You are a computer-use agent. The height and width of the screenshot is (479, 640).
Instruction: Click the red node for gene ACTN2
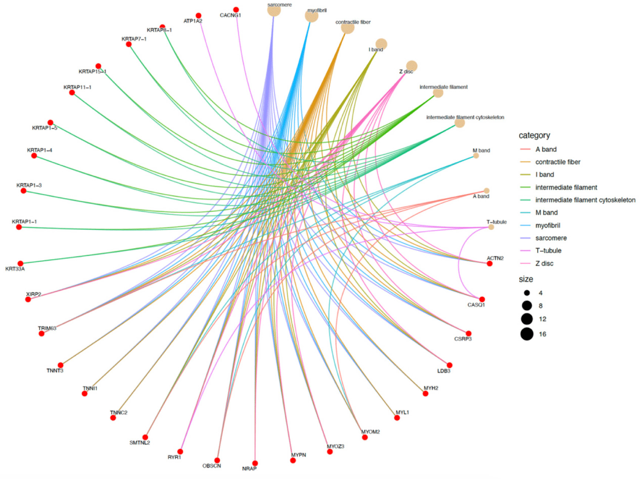(489, 264)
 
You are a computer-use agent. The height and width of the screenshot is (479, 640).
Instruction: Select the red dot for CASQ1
(482, 299)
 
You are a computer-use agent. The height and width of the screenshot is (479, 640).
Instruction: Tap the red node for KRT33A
(20, 264)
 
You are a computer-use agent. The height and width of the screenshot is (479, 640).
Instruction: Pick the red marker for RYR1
(180, 452)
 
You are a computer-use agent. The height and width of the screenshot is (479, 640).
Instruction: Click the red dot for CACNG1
(236, 9)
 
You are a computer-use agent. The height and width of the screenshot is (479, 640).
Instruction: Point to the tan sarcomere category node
(274, 10)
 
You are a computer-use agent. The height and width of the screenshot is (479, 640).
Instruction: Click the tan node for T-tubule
(491, 227)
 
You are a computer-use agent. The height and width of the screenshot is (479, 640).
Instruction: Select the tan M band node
(476, 155)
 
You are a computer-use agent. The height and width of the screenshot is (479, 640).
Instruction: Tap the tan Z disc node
(412, 66)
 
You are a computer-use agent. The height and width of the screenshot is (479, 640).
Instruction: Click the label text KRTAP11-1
(77, 87)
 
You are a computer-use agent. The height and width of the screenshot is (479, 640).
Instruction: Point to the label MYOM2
(370, 432)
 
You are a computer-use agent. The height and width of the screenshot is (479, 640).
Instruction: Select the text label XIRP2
(33, 294)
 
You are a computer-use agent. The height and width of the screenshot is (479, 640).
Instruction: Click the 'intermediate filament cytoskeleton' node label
(465, 117)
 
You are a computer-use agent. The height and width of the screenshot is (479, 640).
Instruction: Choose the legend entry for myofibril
(548, 225)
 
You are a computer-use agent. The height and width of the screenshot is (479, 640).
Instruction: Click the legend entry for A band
(546, 149)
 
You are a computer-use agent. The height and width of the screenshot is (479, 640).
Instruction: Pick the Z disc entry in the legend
(544, 263)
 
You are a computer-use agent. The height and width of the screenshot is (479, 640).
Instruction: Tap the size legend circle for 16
(527, 334)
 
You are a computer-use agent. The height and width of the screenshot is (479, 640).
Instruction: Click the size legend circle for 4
(527, 293)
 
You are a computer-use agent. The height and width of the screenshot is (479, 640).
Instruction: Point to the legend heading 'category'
(534, 136)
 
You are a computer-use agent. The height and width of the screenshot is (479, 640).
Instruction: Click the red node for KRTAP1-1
(19, 227)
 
